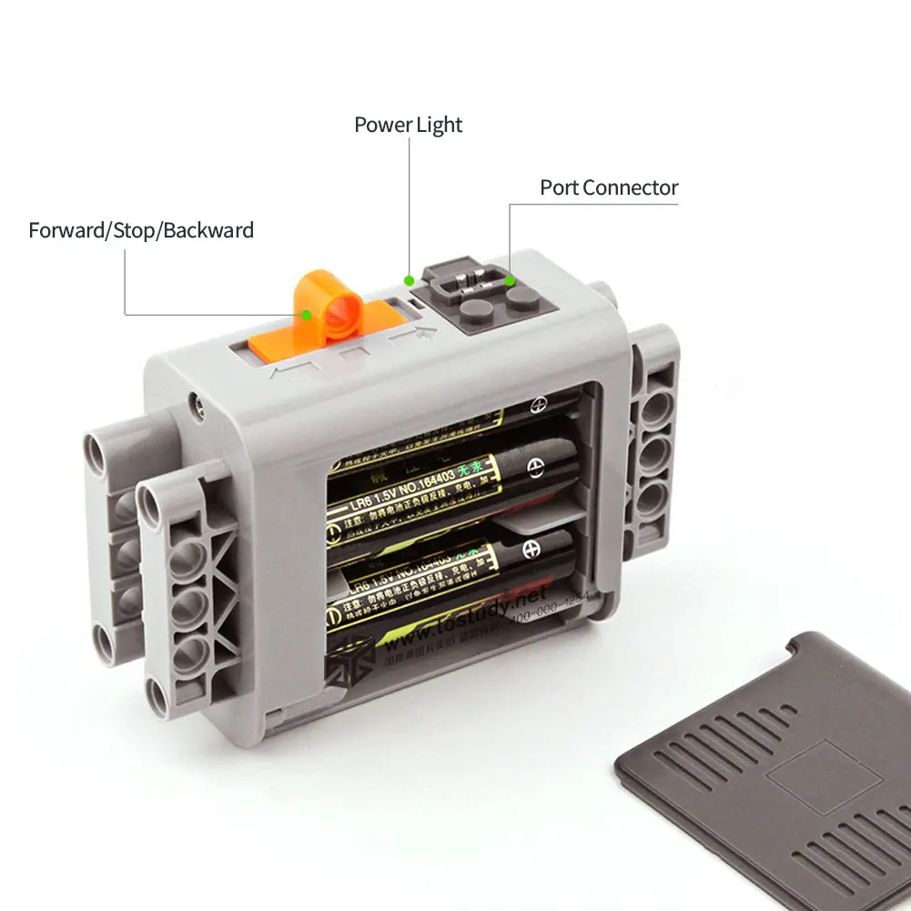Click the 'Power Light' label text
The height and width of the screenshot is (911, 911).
(x=408, y=125)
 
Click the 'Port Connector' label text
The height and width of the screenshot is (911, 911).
(x=609, y=187)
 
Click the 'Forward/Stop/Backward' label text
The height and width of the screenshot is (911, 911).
(x=141, y=230)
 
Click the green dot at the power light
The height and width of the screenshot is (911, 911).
(x=410, y=278)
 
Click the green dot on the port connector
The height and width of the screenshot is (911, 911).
(x=510, y=281)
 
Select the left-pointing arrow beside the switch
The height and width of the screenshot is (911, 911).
(x=291, y=369)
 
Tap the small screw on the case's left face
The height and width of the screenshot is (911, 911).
(x=193, y=399)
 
